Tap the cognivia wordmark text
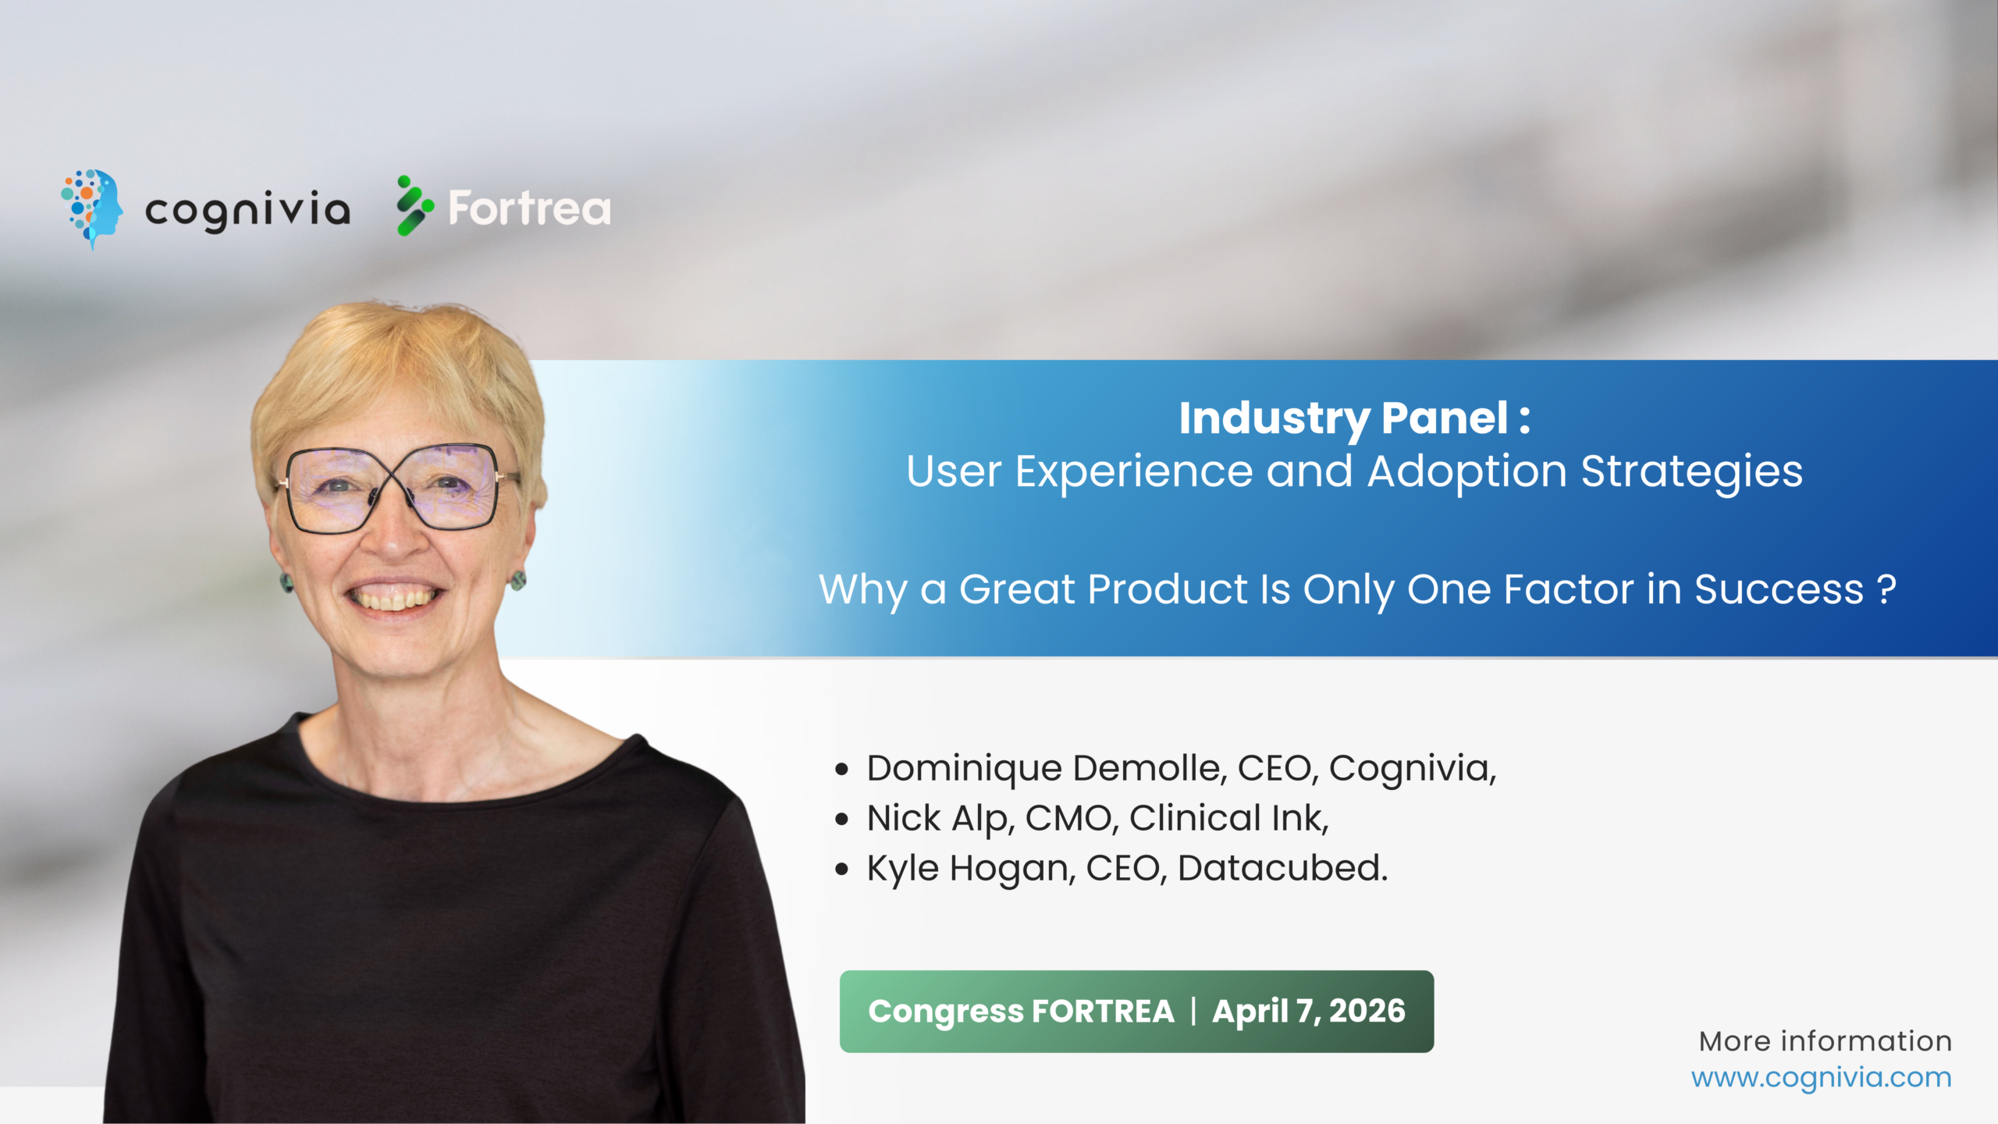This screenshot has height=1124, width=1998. (x=247, y=209)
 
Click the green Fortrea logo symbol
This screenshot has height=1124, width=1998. (x=414, y=206)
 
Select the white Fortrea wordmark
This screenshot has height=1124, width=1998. (x=529, y=208)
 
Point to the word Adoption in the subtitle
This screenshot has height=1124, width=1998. (x=1467, y=472)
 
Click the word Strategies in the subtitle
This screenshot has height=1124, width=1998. (x=1691, y=472)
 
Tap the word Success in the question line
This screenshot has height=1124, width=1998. (x=1779, y=589)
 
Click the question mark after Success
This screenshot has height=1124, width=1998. (x=1886, y=589)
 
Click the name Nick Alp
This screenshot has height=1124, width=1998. (x=940, y=818)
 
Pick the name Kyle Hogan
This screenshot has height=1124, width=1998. (x=970, y=868)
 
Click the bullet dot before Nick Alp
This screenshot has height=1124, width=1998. (x=841, y=820)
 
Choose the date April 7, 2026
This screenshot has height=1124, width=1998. (x=1308, y=1012)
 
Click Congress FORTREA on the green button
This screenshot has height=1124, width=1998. (x=1021, y=1012)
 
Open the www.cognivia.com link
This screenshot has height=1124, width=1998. (x=1821, y=1078)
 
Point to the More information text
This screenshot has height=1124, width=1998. (x=1825, y=1041)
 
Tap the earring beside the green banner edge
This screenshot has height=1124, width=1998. (x=518, y=580)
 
